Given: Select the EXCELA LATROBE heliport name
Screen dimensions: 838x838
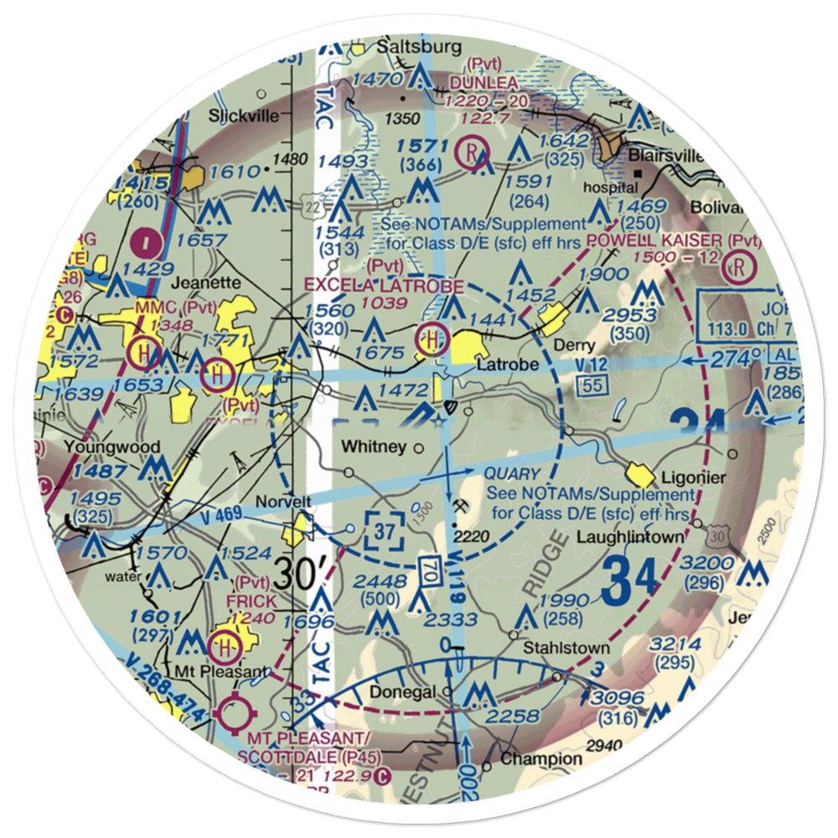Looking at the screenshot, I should (384, 286).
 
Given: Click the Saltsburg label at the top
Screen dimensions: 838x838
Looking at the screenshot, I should (420, 47).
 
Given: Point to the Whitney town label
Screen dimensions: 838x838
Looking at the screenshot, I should (375, 447).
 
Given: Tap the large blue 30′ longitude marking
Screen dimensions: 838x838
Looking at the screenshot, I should (299, 574).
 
